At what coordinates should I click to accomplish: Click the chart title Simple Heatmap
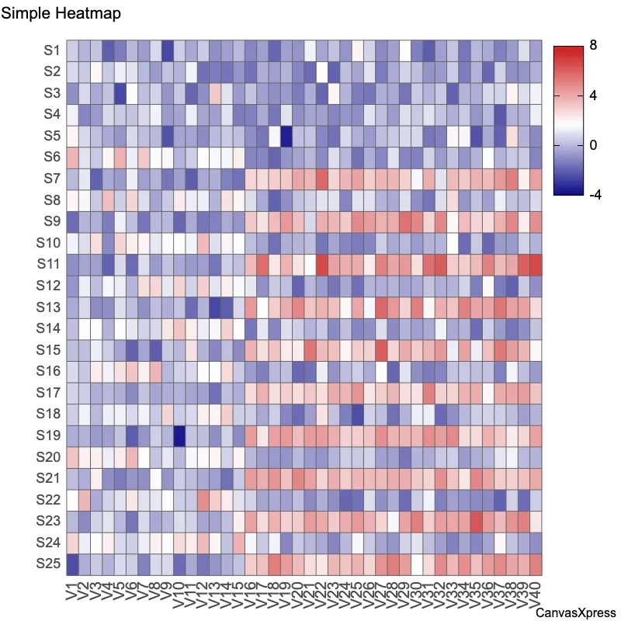coord(61,14)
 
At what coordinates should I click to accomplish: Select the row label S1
coord(52,50)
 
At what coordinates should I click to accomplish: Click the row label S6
coord(52,158)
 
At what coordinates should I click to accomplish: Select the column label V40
coord(536,595)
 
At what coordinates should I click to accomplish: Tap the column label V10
coord(179,595)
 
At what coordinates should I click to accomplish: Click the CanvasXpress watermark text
coord(576,613)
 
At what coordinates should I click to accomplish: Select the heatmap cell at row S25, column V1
coord(72,564)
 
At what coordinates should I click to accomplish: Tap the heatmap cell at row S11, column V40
coord(536,264)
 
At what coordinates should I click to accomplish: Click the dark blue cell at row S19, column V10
coord(179,435)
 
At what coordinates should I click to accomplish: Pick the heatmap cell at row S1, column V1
coord(72,50)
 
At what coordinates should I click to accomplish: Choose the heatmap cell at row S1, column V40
coord(536,50)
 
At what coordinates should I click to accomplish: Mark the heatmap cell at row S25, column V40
coord(536,564)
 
